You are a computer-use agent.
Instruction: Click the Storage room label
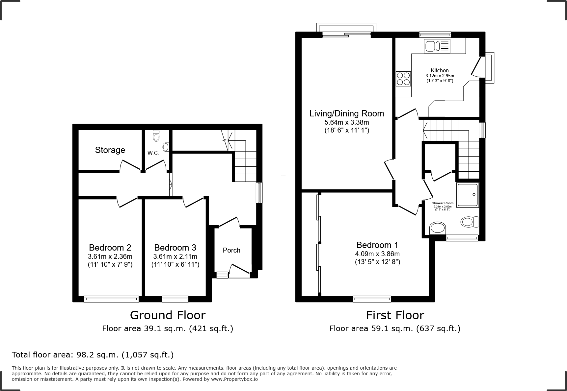pyautogui.click(x=110, y=150)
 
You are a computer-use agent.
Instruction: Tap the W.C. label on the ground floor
pyautogui.click(x=153, y=153)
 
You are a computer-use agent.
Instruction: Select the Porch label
pyautogui.click(x=231, y=250)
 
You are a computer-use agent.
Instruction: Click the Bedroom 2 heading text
pyautogui.click(x=110, y=248)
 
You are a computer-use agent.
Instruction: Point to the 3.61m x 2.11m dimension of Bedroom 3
pyautogui.click(x=175, y=257)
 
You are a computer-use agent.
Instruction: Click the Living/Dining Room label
pyautogui.click(x=346, y=114)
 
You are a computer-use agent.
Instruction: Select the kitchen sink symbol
pyautogui.click(x=437, y=46)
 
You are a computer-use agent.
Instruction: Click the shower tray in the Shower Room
pyautogui.click(x=467, y=195)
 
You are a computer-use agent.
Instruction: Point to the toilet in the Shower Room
pyautogui.click(x=470, y=222)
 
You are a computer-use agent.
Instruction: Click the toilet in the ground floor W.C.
pyautogui.click(x=156, y=135)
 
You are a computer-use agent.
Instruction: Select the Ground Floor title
pyautogui.click(x=168, y=315)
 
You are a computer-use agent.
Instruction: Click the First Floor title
pyautogui.click(x=395, y=315)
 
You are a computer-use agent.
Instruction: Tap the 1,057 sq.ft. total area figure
pyautogui.click(x=148, y=355)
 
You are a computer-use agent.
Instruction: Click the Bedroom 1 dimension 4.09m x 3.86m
pyautogui.click(x=377, y=254)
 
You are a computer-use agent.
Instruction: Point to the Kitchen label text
pyautogui.click(x=440, y=70)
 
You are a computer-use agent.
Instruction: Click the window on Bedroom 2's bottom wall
pyautogui.click(x=111, y=299)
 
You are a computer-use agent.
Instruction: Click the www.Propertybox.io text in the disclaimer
pyautogui.click(x=234, y=379)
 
